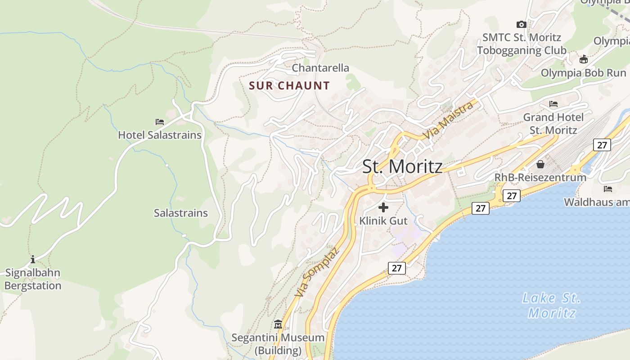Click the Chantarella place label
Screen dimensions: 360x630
(320, 68)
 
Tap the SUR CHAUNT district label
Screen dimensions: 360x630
(289, 85)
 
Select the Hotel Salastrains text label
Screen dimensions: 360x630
(160, 135)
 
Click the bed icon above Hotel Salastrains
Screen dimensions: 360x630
(160, 121)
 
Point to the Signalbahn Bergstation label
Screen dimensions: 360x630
(33, 279)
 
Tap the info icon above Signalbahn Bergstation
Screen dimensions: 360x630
(33, 259)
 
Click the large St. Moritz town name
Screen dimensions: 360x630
(402, 167)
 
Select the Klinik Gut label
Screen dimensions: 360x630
(383, 221)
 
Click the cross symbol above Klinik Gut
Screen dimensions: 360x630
(383, 207)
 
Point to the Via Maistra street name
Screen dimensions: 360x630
(448, 120)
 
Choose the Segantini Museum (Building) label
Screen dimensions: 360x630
(278, 344)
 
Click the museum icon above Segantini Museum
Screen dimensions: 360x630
(278, 324)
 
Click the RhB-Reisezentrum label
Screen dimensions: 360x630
(540, 177)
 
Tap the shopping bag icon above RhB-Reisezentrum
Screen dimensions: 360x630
(540, 164)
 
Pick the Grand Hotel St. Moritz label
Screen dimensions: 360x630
(553, 124)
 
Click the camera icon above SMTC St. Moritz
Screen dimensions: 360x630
(522, 24)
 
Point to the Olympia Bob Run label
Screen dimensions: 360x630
(583, 73)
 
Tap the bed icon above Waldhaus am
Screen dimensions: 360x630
(608, 189)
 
